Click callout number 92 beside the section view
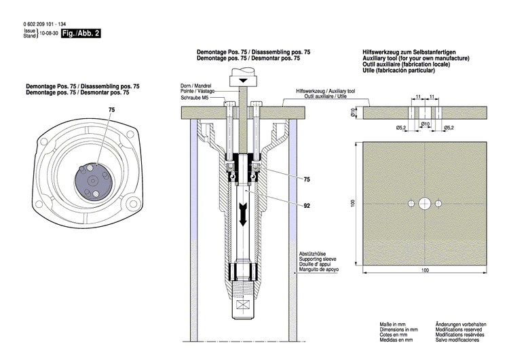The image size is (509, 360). click(x=307, y=204)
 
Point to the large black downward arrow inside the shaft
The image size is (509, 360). click(x=242, y=219)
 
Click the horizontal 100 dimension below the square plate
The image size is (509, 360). click(x=425, y=270)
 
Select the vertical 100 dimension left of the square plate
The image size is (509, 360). click(x=354, y=203)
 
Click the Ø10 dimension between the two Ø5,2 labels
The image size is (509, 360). click(x=425, y=124)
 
